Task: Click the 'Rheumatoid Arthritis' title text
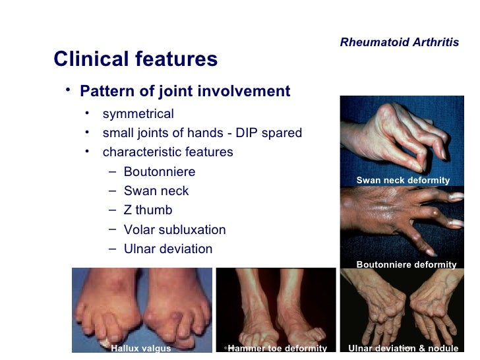(x=400, y=42)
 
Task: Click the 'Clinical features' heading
(x=135, y=59)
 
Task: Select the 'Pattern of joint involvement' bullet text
(x=185, y=91)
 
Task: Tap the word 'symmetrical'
(x=138, y=114)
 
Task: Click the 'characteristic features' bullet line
(x=167, y=152)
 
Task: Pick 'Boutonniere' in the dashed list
(x=160, y=172)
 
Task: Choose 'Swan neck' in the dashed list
(x=156, y=191)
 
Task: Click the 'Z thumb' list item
(x=148, y=210)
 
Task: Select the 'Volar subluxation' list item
(x=175, y=230)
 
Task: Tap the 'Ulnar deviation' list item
(x=168, y=249)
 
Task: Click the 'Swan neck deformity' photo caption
(x=403, y=181)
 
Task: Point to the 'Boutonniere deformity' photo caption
(x=406, y=264)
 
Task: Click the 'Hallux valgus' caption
(x=141, y=348)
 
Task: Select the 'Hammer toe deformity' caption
(x=277, y=348)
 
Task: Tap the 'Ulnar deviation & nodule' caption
(x=403, y=348)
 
